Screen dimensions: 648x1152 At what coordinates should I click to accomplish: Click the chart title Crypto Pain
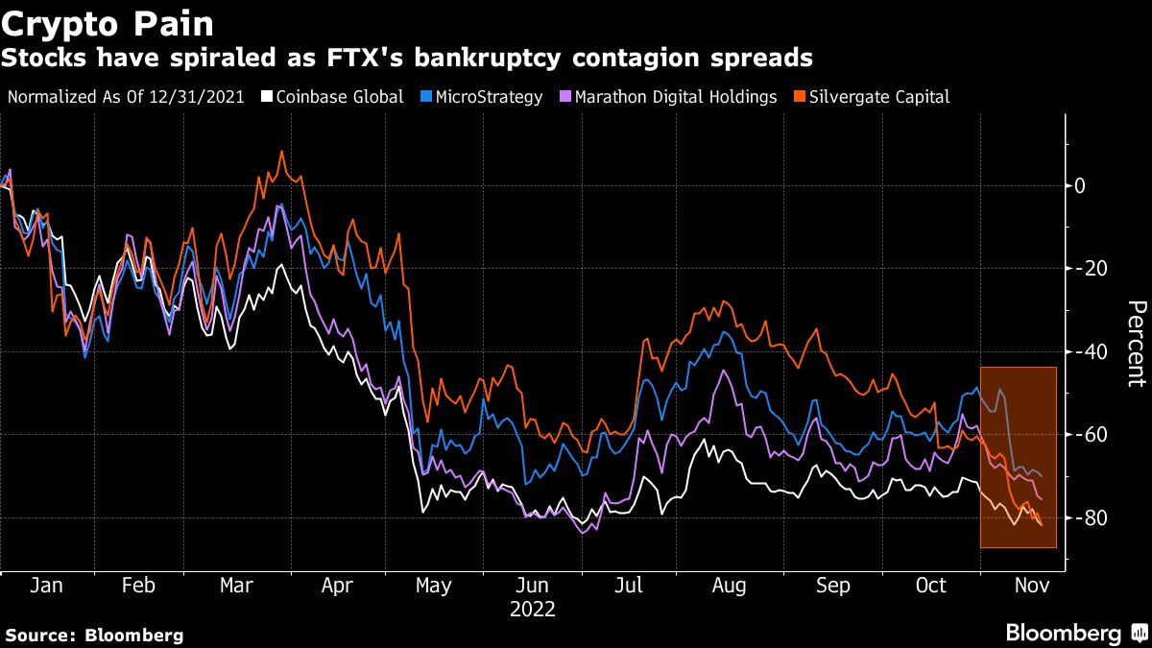108,22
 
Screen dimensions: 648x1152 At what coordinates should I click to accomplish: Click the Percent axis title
1136,344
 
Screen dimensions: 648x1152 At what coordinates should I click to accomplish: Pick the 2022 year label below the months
533,610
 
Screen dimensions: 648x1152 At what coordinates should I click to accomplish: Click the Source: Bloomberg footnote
94,635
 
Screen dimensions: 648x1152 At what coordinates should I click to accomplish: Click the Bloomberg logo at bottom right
1075,633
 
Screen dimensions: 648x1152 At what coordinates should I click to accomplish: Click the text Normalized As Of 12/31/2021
125,97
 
